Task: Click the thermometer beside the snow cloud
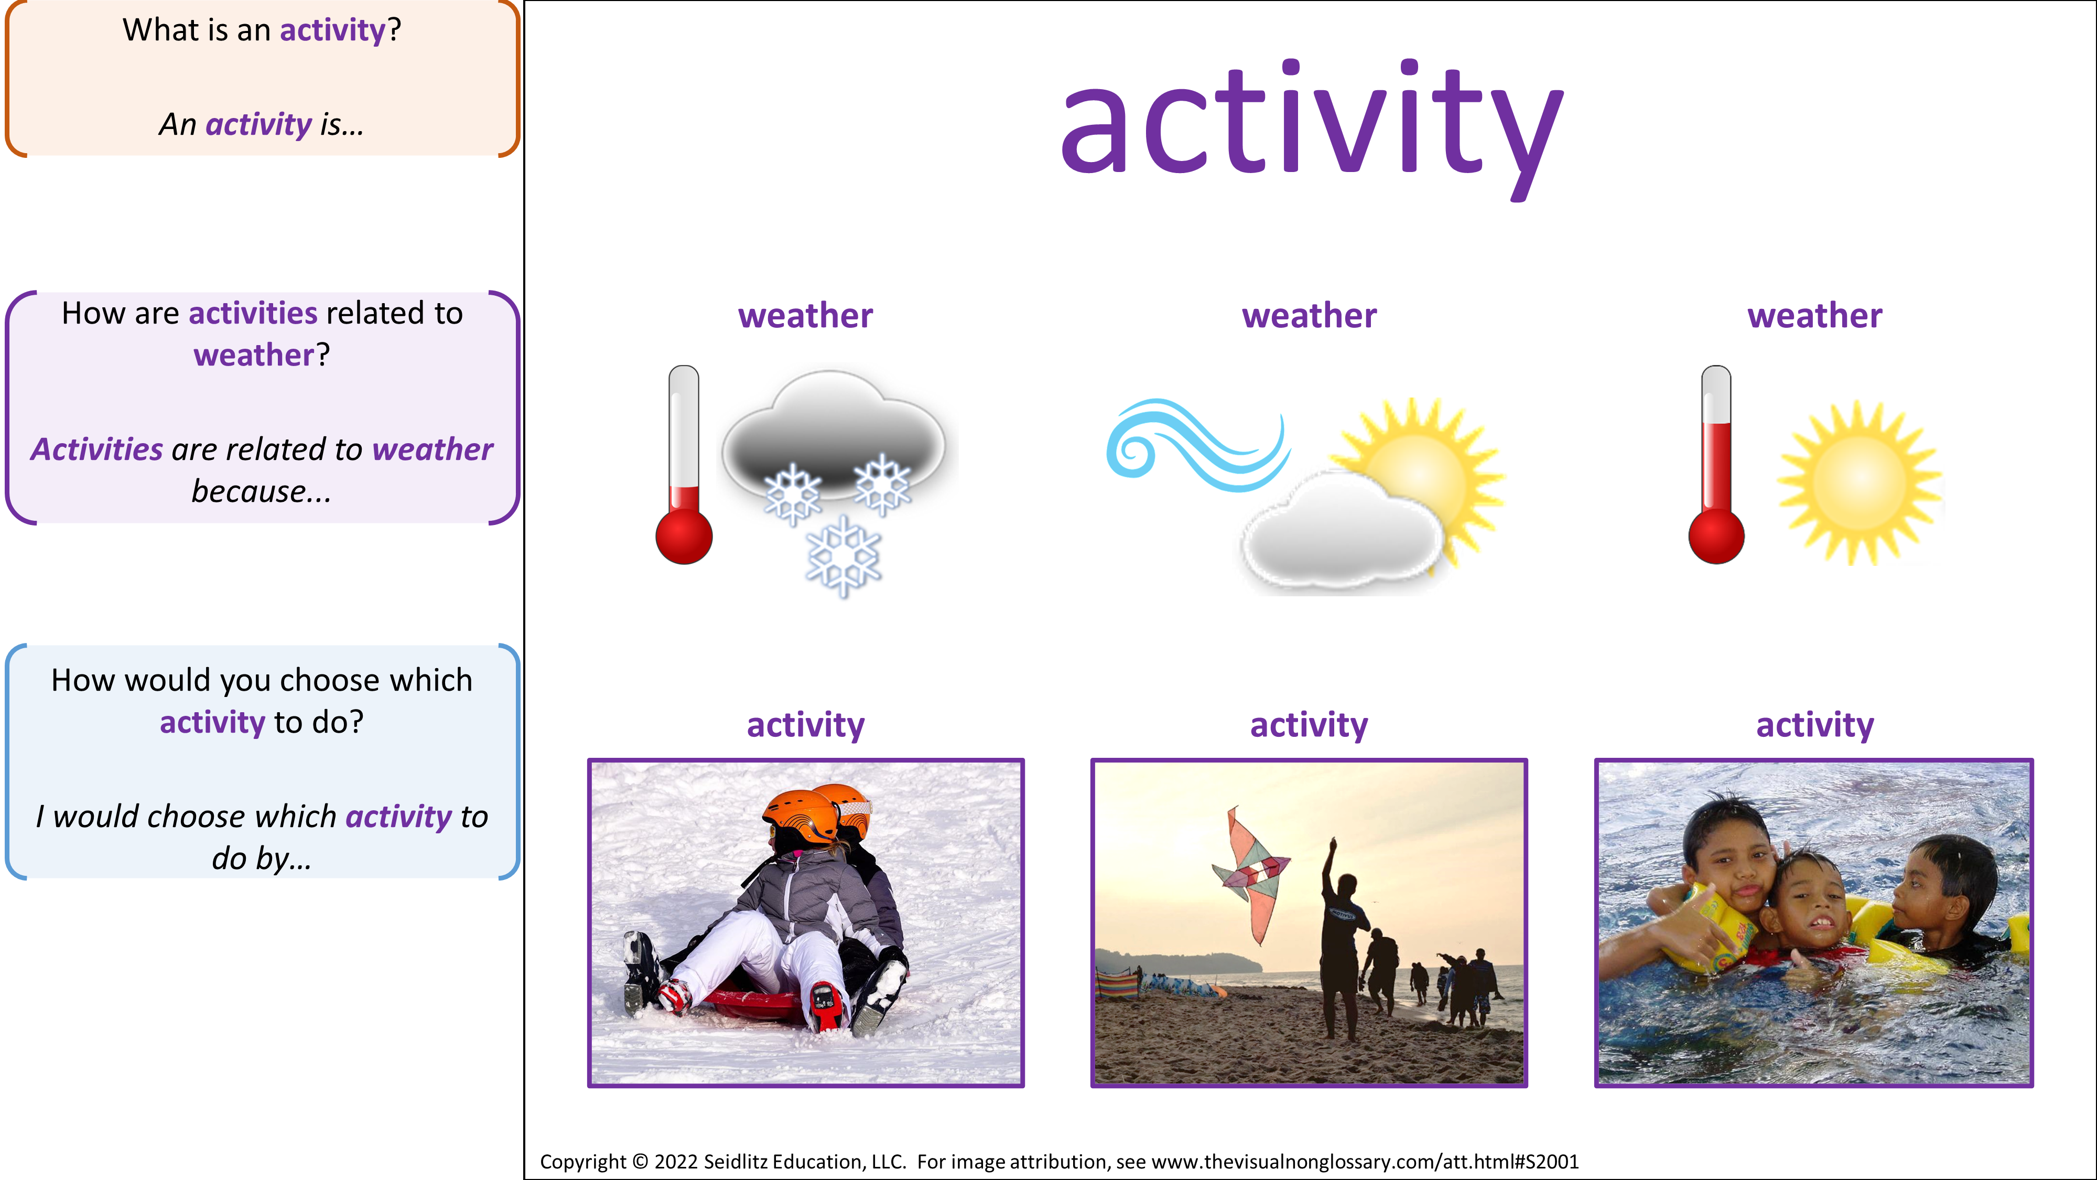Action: click(684, 464)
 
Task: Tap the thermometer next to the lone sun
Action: click(1716, 464)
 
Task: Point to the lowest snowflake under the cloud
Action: click(844, 557)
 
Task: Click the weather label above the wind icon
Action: click(1309, 316)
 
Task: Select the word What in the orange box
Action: click(160, 30)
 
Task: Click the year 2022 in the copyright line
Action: click(676, 1161)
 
